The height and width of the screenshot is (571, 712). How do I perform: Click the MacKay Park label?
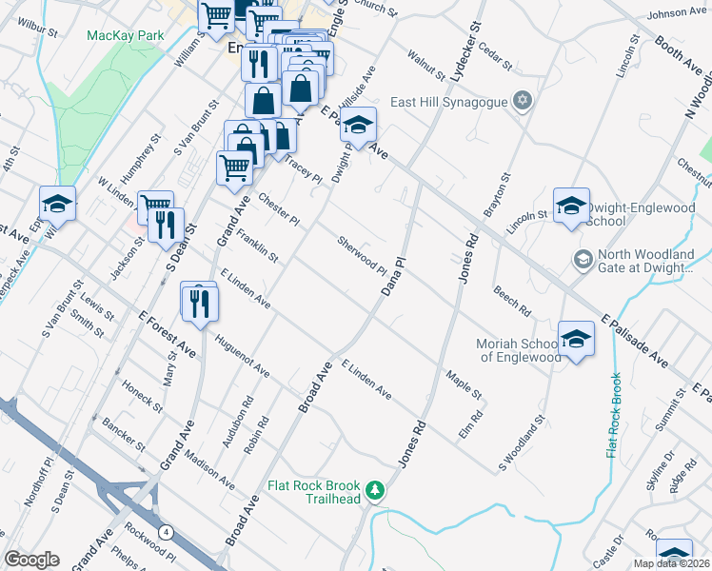[126, 35]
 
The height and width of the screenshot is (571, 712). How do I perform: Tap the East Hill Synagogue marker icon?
[522, 101]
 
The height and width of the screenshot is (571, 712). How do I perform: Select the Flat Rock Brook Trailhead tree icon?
[378, 489]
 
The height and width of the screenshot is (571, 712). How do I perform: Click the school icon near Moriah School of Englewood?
[576, 339]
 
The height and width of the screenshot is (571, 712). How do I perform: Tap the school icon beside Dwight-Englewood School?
[571, 205]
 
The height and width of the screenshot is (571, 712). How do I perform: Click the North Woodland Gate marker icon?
[582, 259]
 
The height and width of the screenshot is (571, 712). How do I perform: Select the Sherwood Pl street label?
[362, 255]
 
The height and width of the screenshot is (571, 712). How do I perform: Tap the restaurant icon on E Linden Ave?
[199, 302]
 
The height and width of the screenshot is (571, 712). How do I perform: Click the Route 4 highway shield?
[167, 530]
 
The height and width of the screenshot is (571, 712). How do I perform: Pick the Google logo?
[31, 560]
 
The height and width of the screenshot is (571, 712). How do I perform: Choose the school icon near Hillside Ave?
[358, 125]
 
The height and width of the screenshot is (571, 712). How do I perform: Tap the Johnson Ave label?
[677, 13]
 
